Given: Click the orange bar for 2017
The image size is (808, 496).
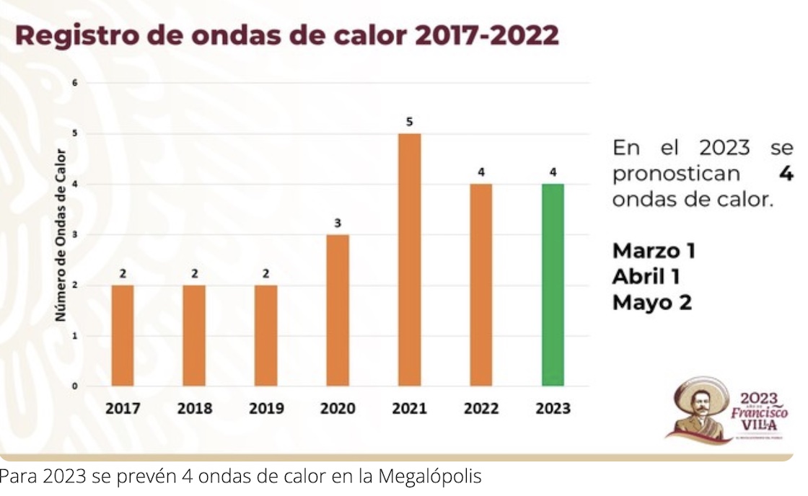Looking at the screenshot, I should pyautogui.click(x=123, y=335).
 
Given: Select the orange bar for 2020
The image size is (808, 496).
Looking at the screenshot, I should pyautogui.click(x=338, y=310).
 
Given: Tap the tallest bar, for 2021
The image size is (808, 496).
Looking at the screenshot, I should pyautogui.click(x=409, y=260).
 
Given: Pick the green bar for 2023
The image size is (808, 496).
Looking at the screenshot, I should pyautogui.click(x=553, y=285).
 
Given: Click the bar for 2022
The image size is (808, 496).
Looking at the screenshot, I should pyautogui.click(x=480, y=285).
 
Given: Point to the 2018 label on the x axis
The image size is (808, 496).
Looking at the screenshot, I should pyautogui.click(x=195, y=409).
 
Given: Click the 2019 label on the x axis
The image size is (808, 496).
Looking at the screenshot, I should pyautogui.click(x=266, y=409).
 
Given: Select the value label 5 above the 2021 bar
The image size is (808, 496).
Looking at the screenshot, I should pyautogui.click(x=409, y=122).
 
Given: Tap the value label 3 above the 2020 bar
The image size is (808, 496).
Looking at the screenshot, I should pyautogui.click(x=338, y=223).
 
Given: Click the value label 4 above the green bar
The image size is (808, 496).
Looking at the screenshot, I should pyautogui.click(x=553, y=172).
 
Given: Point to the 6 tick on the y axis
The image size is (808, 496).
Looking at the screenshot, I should pyautogui.click(x=74, y=84).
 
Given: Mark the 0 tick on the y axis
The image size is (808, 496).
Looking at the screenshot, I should pyautogui.click(x=74, y=386).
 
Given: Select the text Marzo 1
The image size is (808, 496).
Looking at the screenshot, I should pyautogui.click(x=654, y=251).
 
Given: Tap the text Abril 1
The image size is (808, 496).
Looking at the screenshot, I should pyautogui.click(x=646, y=277).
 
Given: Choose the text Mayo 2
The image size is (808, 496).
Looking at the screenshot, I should pyautogui.click(x=651, y=303).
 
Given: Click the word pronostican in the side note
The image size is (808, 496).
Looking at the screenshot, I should pyautogui.click(x=676, y=174).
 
